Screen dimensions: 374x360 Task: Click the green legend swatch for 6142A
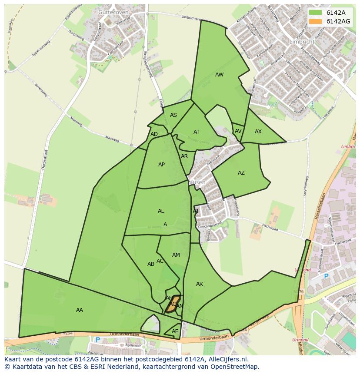316,13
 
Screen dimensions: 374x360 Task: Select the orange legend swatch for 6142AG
316,21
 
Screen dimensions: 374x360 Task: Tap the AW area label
220,75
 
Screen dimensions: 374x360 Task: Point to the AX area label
258,132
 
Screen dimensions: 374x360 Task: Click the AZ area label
241,173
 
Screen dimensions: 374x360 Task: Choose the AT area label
197,132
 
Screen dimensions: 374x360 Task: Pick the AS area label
173,115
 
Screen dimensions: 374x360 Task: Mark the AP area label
162,165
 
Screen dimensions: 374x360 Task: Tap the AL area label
161,211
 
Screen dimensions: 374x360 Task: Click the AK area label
200,284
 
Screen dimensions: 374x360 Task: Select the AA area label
80,310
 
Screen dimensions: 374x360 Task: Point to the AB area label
151,264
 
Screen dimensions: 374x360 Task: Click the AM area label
176,255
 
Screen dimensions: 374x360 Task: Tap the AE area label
175,331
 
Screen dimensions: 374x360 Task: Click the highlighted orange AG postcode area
173,304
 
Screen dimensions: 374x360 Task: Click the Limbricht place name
301,42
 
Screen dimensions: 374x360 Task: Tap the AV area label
238,131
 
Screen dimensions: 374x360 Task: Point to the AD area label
154,134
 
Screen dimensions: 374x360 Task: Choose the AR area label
184,156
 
